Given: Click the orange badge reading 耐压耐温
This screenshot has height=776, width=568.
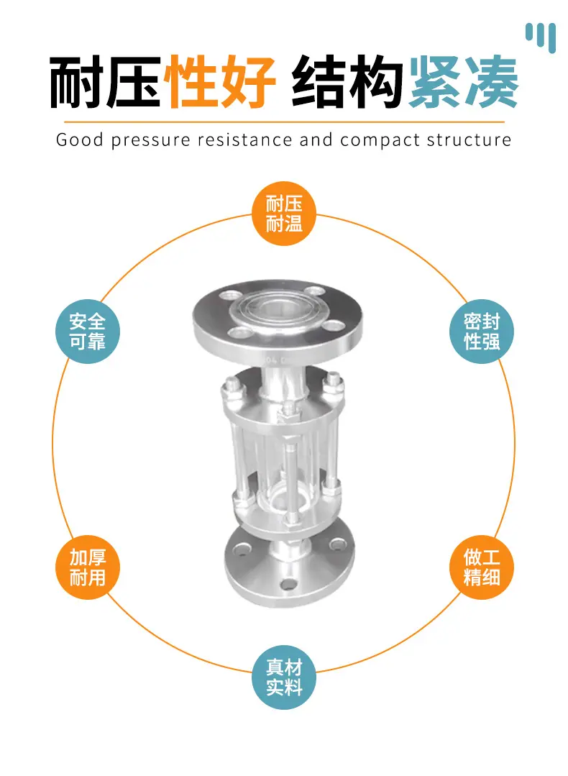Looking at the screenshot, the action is pos(284,214).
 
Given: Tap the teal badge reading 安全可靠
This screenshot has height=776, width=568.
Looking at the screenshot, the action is pos(88,332).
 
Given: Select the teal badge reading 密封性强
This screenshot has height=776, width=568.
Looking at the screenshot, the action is pos(482,332).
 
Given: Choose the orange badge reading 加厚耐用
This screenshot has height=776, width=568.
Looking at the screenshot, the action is pos(88,567).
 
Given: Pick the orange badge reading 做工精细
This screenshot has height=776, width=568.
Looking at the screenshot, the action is pos(482,567).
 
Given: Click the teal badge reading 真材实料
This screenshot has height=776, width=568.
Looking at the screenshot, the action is pos(284,677).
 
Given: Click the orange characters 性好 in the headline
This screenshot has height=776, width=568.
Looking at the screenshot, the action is pos(220,82).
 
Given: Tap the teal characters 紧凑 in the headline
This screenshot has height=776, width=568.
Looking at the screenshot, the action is pos(463,82).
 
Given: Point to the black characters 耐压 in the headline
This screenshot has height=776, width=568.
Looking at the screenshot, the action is pos(106,82).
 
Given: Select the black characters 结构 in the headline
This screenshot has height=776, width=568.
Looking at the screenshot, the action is pos(347,82).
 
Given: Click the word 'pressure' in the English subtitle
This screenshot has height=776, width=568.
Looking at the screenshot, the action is pos(150,140).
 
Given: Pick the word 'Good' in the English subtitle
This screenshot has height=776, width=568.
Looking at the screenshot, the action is pos(80,140).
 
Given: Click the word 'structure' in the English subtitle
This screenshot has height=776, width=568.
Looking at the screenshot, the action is pos(469,140).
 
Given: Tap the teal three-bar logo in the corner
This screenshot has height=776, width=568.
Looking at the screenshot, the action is pos(541,37).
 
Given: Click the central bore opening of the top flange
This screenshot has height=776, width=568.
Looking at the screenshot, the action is pos(271,310).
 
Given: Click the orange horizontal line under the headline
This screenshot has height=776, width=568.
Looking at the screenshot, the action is pos(284,122).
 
